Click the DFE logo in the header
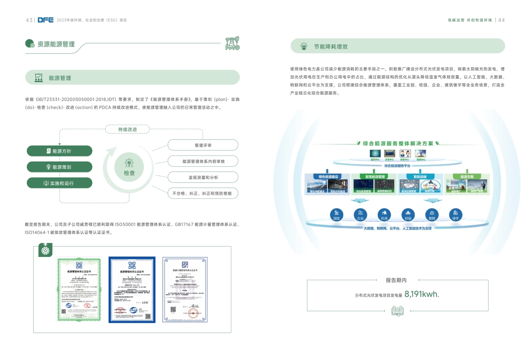pyautogui.click(x=46, y=20)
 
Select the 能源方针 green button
pyautogui.click(x=60, y=151)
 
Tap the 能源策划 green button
pyautogui.click(x=60, y=167)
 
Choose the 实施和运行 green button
pyautogui.click(x=60, y=183)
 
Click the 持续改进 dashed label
pyautogui.click(x=127, y=129)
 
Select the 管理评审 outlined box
pyautogui.click(x=203, y=146)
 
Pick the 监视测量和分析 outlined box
pyautogui.click(x=203, y=178)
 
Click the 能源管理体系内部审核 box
pyautogui.click(x=203, y=162)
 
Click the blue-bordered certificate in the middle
pyautogui.click(x=131, y=289)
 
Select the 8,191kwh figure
pyautogui.click(x=421, y=294)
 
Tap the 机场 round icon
pyautogui.click(x=384, y=214)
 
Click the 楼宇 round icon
pyautogui.click(x=455, y=214)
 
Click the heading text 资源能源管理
pyautogui.click(x=56, y=44)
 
